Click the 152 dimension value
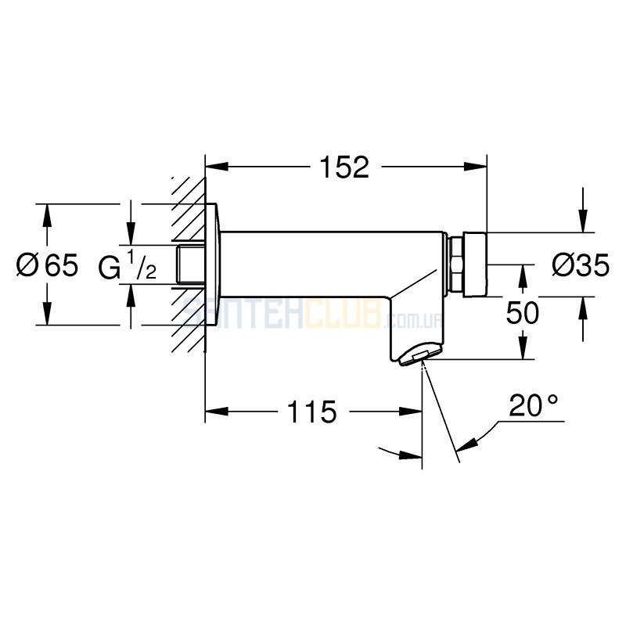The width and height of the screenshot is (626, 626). (345, 167)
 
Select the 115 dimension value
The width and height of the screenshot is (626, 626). (311, 412)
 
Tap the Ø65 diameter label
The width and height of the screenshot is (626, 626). (47, 264)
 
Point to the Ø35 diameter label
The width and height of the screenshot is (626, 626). (581, 264)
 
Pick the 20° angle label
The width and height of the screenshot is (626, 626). (534, 405)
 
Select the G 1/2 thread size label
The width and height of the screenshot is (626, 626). (127, 264)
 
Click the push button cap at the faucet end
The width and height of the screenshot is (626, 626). (475, 264)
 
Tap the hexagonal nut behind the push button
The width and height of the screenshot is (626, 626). (456, 264)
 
